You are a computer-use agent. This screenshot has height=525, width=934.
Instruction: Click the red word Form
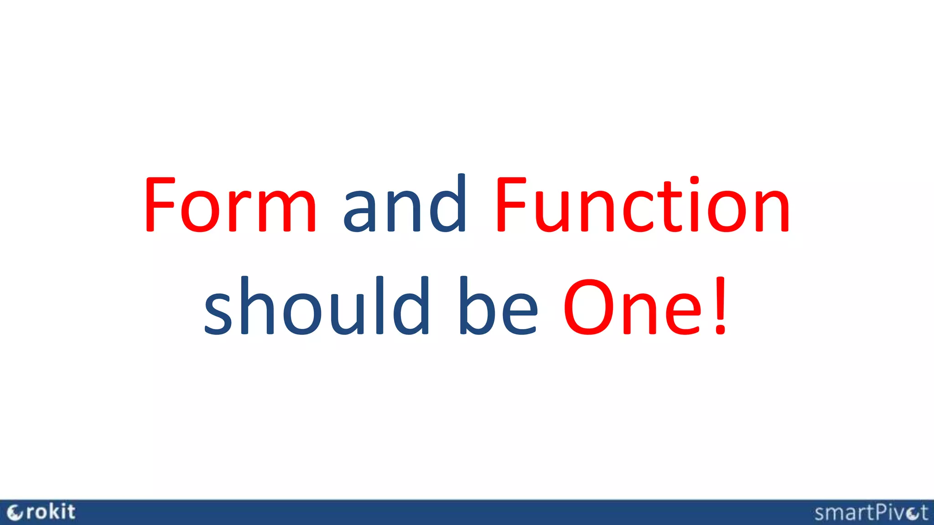(230, 205)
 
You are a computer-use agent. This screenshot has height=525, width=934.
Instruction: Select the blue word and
(405, 205)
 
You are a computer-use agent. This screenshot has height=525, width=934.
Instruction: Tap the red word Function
(642, 205)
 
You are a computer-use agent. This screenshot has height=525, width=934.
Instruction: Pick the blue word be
(498, 306)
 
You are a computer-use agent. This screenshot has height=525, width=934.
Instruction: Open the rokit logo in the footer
(41, 512)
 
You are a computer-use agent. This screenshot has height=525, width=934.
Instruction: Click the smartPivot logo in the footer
(871, 513)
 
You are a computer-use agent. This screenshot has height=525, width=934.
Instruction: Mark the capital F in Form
(160, 205)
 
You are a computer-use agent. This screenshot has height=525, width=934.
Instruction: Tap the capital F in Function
(511, 205)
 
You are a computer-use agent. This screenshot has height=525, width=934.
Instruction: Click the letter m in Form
(287, 212)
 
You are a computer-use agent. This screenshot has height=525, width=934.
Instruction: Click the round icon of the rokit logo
(15, 513)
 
